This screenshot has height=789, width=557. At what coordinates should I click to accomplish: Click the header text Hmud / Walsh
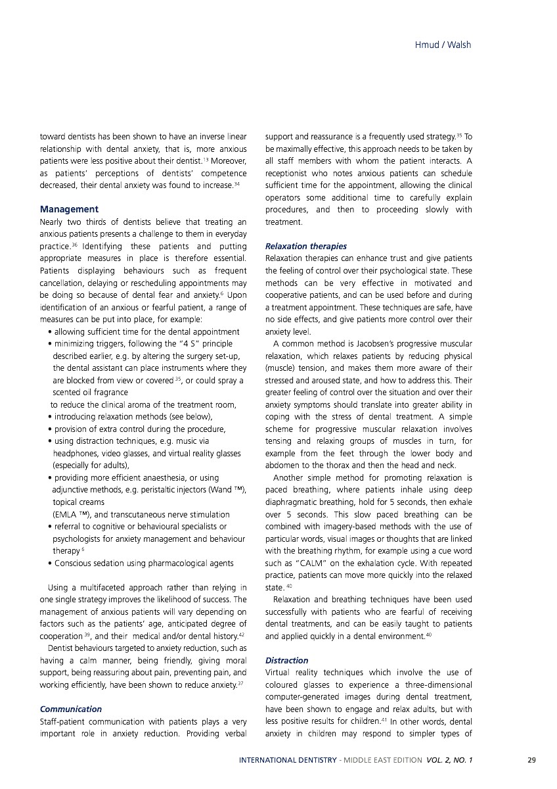click(443, 45)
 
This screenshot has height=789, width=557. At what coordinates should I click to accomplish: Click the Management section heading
click(69, 210)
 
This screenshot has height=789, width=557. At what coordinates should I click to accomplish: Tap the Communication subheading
click(71, 709)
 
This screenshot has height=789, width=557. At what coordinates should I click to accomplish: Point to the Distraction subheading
click(286, 660)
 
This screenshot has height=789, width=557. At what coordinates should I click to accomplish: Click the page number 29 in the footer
click(531, 761)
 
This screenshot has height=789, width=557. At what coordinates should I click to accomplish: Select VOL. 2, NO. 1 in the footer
click(449, 761)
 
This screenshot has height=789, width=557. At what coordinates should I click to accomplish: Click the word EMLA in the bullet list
click(64, 515)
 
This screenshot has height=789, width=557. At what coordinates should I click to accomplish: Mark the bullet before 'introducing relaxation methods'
click(51, 417)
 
